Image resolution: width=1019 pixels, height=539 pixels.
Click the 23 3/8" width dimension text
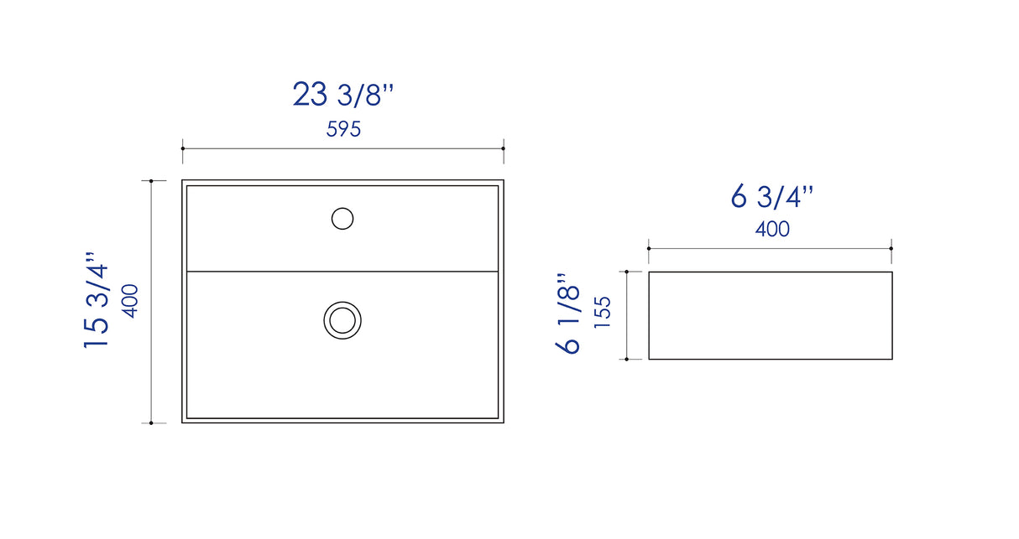[x=342, y=94]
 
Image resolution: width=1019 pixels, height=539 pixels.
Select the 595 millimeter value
[x=342, y=130]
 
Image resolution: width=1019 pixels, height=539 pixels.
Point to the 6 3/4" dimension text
[x=771, y=197]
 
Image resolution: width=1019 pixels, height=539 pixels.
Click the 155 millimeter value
[x=603, y=314]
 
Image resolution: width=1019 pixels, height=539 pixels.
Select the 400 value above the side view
[x=772, y=229]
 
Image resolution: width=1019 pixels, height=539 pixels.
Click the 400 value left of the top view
[x=130, y=300]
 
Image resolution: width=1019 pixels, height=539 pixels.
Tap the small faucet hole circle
[x=342, y=219]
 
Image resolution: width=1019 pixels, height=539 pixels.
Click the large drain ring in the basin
[x=342, y=320]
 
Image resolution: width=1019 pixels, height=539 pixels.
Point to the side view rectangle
[x=770, y=315]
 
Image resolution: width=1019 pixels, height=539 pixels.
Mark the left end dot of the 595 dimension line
[x=183, y=148]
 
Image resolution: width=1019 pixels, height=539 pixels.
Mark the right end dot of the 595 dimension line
[x=503, y=148]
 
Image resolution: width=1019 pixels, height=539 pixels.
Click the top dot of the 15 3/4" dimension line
[x=151, y=180]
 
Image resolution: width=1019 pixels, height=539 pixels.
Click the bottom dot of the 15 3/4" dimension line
[x=151, y=422]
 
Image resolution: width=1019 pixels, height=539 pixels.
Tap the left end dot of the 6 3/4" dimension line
[x=649, y=248]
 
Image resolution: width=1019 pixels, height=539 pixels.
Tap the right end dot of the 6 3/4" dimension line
[x=891, y=248]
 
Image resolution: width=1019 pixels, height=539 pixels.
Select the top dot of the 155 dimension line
[x=627, y=272]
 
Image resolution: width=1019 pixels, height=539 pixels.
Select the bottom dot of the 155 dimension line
[x=627, y=359]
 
